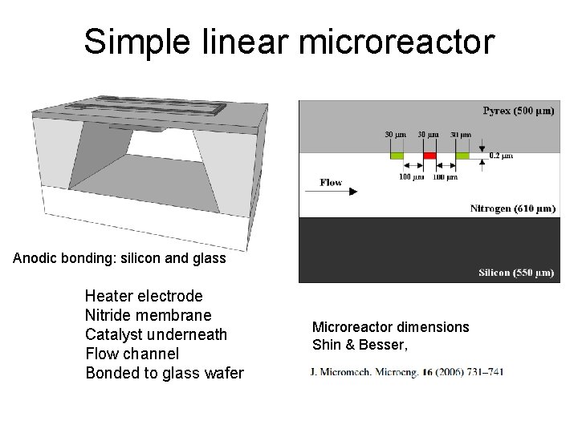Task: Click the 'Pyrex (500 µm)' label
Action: [x=518, y=110]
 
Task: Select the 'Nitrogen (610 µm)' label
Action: [x=512, y=208]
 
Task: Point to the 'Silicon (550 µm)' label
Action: [x=516, y=273]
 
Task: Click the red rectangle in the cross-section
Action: [x=429, y=155]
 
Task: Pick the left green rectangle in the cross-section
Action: [x=397, y=155]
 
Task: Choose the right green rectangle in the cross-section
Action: [x=462, y=155]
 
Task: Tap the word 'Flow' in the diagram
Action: [x=331, y=182]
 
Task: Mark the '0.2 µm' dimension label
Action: [x=501, y=156]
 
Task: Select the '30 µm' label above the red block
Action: [x=428, y=135]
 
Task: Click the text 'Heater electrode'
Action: [x=144, y=296]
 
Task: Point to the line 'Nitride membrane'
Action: [x=148, y=315]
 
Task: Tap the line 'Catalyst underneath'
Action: [x=156, y=334]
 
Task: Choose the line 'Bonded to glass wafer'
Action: [x=164, y=373]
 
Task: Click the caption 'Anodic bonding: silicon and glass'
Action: [x=120, y=258]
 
